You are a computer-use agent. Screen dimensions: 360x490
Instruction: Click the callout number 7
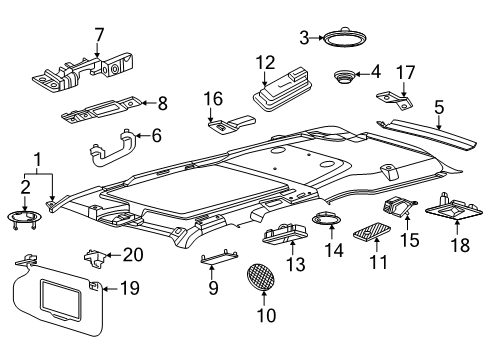point(99,38)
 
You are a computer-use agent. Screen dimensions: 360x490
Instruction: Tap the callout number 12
point(264,64)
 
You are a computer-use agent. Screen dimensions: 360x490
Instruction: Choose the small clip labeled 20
point(97,259)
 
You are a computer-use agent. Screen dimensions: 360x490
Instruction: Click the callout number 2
point(25,185)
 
